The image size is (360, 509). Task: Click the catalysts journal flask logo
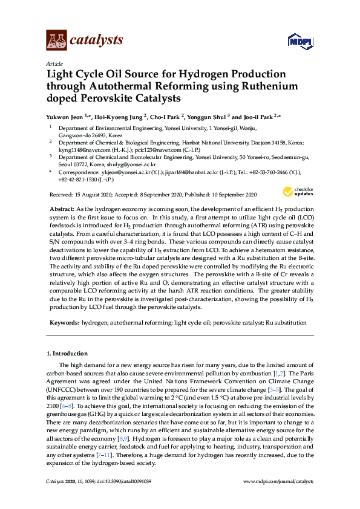56,41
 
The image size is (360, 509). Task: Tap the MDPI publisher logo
300,42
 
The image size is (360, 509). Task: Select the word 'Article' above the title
54,63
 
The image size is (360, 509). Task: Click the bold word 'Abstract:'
62,207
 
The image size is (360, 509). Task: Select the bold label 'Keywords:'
65,323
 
